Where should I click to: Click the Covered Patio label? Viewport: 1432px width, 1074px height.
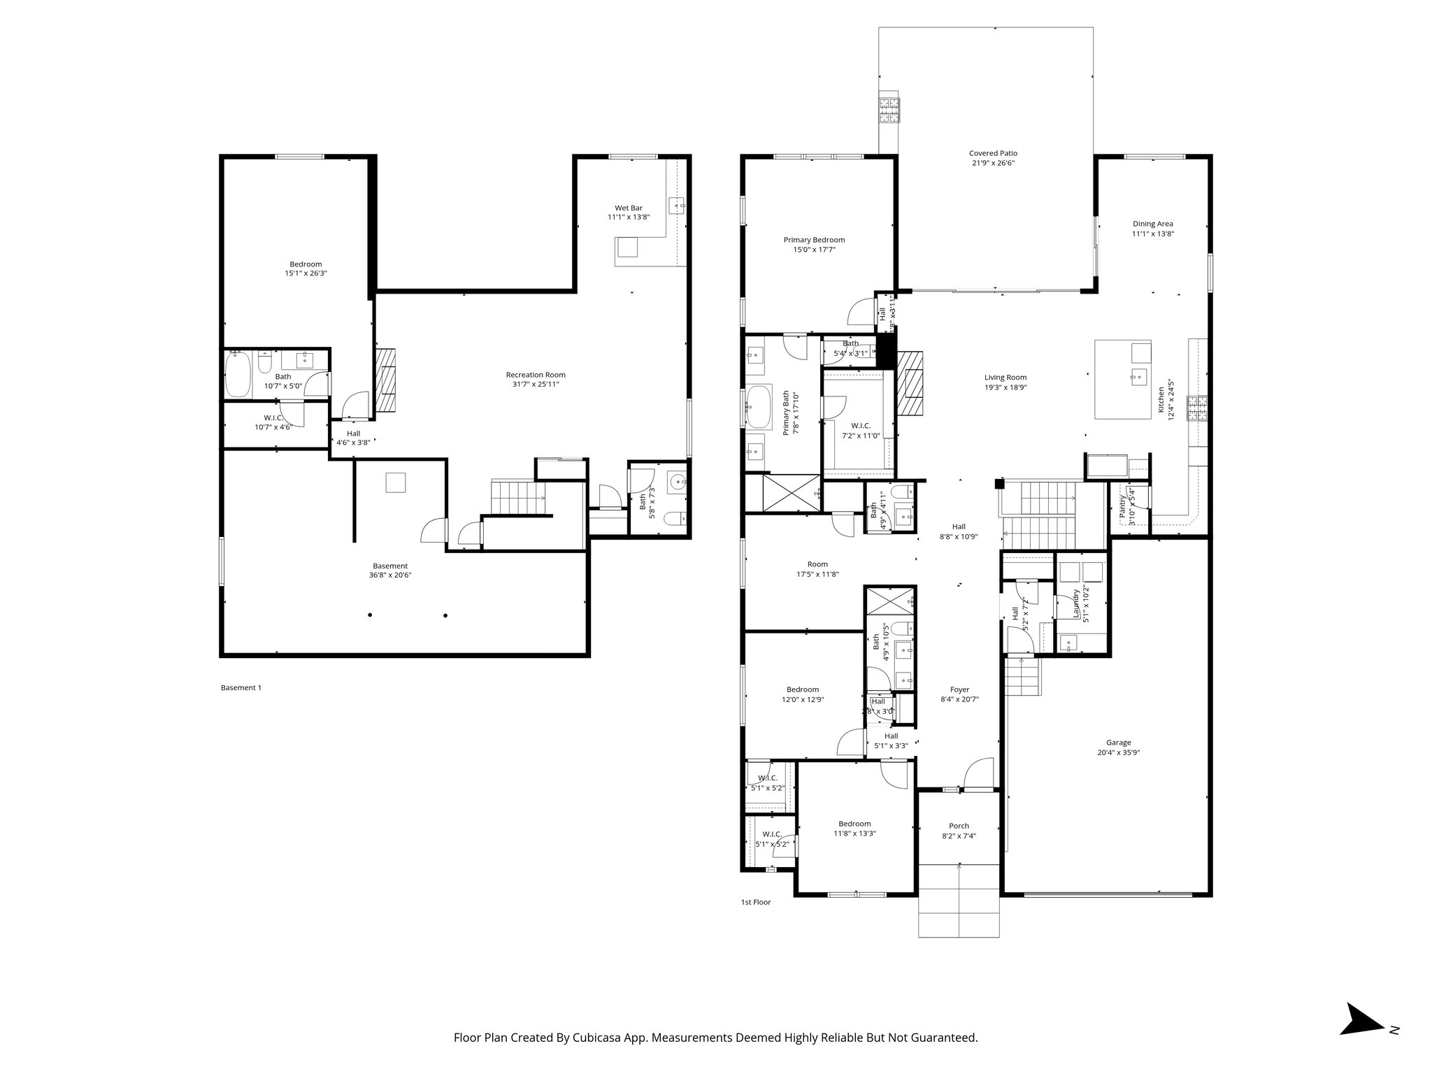point(993,153)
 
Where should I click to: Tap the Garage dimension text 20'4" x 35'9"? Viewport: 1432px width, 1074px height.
point(1119,753)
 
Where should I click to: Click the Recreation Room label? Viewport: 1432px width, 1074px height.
point(536,375)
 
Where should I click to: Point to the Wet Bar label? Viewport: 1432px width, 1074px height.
point(629,208)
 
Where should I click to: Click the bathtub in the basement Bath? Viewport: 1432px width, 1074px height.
point(238,375)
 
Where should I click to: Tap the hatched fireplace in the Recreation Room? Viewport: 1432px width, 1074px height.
point(386,381)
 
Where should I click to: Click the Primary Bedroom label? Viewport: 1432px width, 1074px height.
point(814,240)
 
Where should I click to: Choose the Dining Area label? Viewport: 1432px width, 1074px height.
point(1153,224)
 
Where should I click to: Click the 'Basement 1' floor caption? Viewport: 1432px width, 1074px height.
point(241,687)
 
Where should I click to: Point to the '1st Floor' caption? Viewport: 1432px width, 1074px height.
point(756,902)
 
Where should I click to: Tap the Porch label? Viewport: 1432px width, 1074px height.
point(959,826)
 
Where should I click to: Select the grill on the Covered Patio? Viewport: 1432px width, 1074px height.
point(889,110)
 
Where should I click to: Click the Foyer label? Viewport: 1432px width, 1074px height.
point(959,689)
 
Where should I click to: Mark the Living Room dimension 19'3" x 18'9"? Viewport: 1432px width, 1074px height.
point(1005,387)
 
